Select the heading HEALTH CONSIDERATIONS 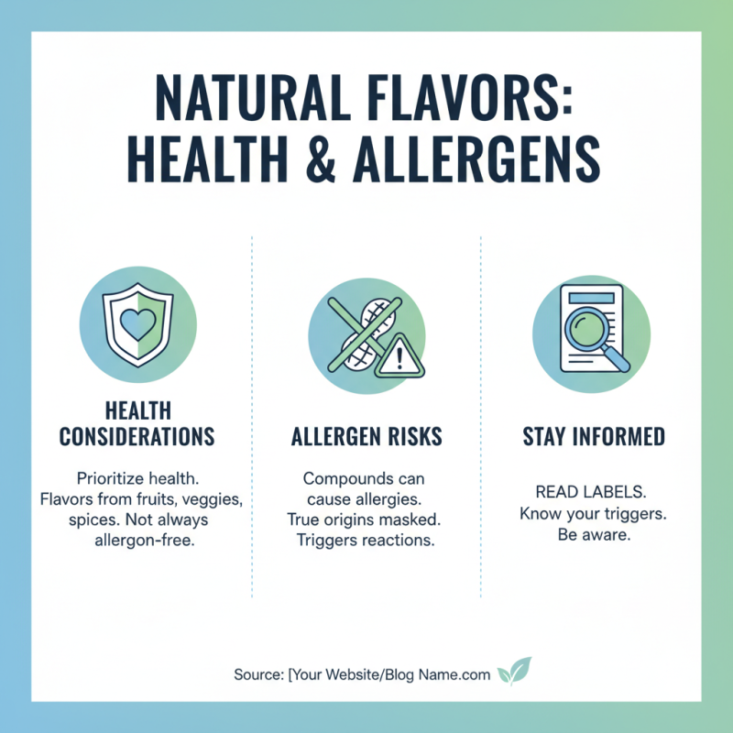coord(137,423)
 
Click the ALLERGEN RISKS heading coord(366,436)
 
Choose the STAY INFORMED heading coord(594,436)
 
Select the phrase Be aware coord(594,534)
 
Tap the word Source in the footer coord(257,674)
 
